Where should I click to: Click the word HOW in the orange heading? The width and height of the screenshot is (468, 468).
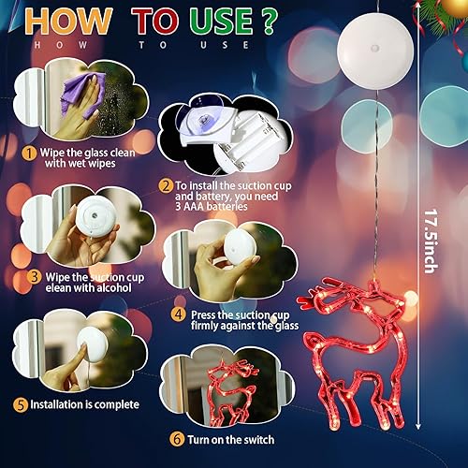point(62,21)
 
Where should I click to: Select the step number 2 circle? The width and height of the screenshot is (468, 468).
point(165,186)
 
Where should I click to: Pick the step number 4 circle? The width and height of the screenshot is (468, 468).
point(179,315)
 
